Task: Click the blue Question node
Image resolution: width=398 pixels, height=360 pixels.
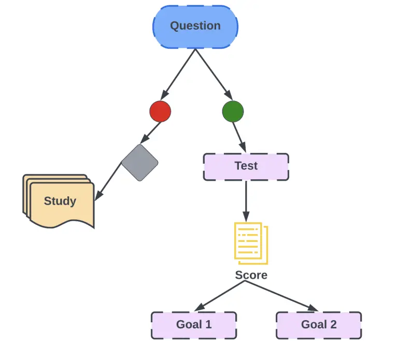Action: (195, 27)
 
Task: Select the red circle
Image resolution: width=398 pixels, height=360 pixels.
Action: (160, 111)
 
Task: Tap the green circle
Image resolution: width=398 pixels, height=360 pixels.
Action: (233, 111)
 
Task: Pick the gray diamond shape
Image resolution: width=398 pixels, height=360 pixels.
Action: (139, 163)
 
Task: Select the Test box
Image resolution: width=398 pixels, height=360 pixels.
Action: (246, 166)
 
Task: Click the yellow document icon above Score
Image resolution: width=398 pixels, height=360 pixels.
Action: (251, 241)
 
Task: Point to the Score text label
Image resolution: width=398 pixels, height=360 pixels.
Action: (251, 275)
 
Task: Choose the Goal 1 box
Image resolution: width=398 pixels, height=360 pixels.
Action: (194, 325)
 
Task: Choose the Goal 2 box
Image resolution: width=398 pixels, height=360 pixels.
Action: (319, 325)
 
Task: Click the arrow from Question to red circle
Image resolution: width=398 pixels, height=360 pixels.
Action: (178, 74)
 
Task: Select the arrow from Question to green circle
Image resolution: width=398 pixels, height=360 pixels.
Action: (214, 74)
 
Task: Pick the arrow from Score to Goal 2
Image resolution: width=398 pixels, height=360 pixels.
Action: (285, 297)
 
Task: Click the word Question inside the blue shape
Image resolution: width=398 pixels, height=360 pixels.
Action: (195, 26)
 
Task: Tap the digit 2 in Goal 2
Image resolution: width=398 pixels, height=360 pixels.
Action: (333, 325)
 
